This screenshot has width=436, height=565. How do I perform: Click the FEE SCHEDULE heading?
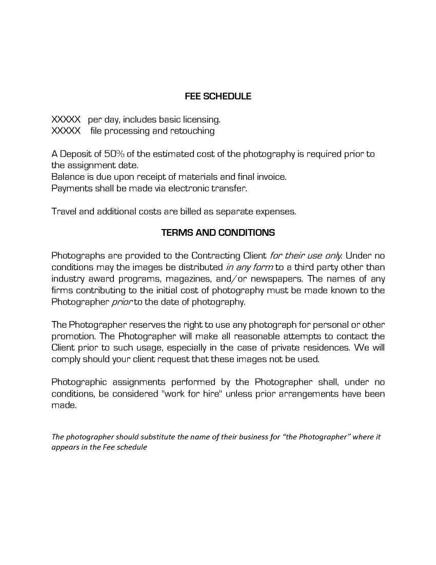218,96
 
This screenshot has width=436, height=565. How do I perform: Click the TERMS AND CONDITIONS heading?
218,233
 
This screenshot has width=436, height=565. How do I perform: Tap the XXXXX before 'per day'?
66,120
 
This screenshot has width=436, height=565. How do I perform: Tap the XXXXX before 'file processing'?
66,131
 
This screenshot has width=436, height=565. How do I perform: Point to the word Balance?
67,177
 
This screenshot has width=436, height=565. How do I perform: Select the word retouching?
191,131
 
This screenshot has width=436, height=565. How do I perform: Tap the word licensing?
201,120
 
